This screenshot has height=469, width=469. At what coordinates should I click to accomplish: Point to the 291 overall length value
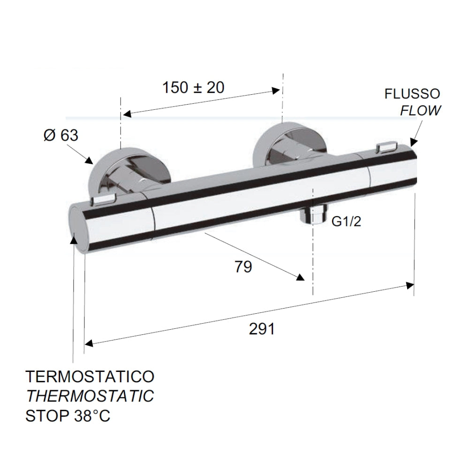(x=262, y=329)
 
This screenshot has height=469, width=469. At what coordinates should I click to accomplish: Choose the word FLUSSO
(x=412, y=94)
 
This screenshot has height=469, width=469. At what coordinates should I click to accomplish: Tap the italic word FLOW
(x=420, y=110)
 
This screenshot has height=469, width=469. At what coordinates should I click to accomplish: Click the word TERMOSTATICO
(x=90, y=376)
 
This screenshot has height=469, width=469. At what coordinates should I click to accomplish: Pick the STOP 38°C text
(x=68, y=416)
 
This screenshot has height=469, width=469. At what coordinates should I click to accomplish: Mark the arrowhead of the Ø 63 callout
(x=90, y=161)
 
